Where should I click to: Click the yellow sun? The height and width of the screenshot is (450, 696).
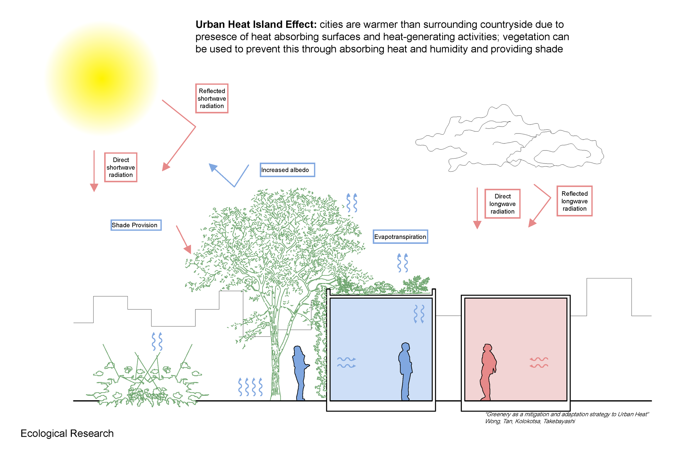pyautogui.click(x=102, y=78)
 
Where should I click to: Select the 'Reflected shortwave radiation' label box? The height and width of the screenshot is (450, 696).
pyautogui.click(x=212, y=98)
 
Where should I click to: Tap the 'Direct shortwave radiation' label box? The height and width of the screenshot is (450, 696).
pyautogui.click(x=121, y=167)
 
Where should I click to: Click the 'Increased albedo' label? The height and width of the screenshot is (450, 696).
pyautogui.click(x=287, y=170)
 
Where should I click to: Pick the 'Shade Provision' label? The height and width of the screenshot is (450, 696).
pyautogui.click(x=136, y=225)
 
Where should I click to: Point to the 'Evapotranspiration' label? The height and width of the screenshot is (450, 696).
pyautogui.click(x=400, y=237)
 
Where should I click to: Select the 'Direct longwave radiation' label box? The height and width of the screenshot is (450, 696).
pyautogui.click(x=502, y=204)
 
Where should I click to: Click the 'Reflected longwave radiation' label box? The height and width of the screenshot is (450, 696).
pyautogui.click(x=574, y=201)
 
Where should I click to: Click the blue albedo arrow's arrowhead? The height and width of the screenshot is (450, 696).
pyautogui.click(x=213, y=167)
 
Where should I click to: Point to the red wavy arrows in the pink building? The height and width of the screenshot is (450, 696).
pyautogui.click(x=539, y=362)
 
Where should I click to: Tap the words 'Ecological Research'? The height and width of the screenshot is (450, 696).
pyautogui.click(x=67, y=433)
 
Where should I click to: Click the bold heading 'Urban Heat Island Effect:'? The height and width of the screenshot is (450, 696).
pyautogui.click(x=256, y=24)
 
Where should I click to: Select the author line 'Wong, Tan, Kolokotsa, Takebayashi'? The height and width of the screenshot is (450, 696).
pyautogui.click(x=530, y=421)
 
